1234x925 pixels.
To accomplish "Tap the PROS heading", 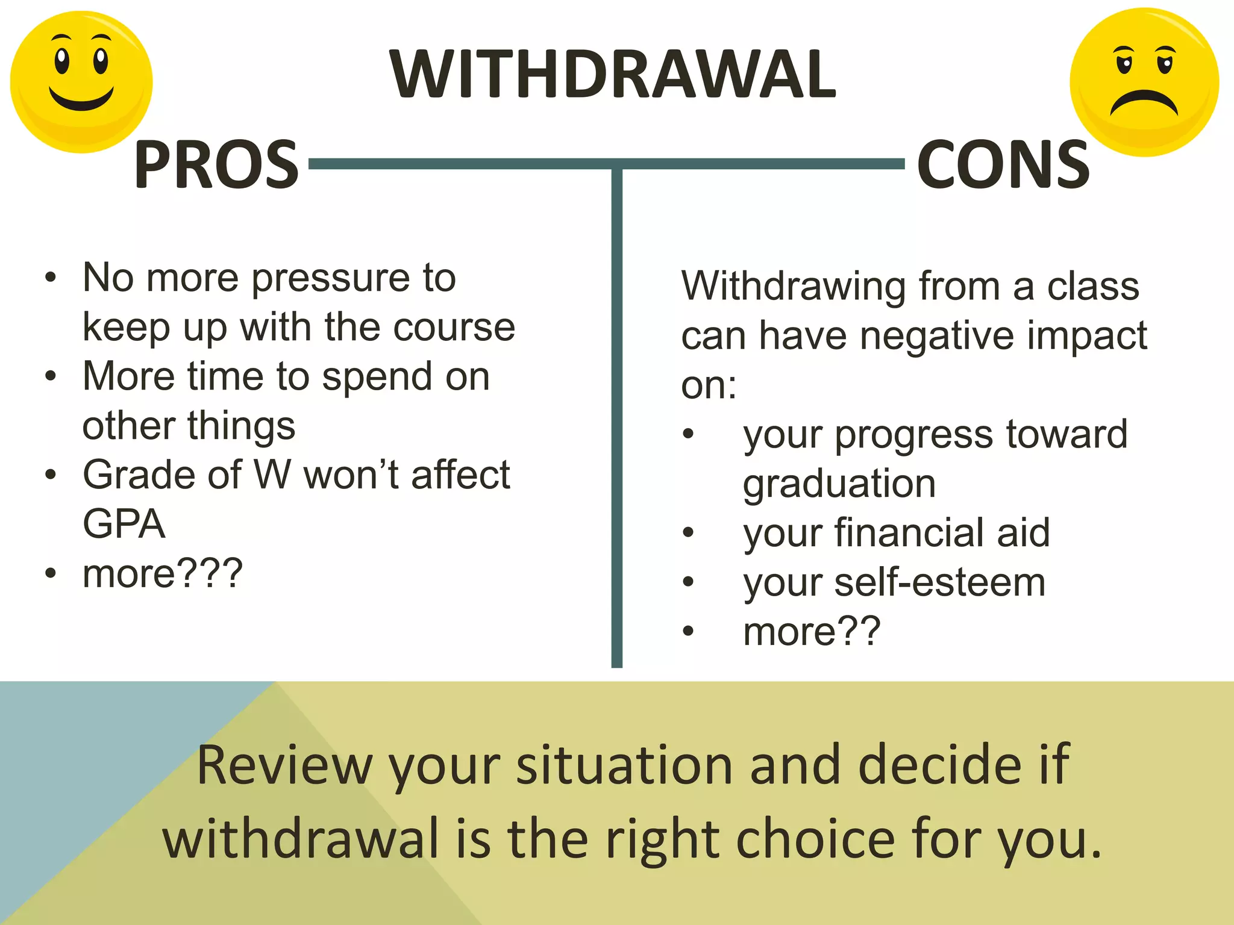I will coord(216,164).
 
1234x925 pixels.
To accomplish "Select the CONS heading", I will coord(1003,164).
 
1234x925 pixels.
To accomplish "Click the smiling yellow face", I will coord(81,82).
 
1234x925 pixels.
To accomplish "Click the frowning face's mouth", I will coord(1144,102).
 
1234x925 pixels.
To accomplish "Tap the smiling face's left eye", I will coord(61,60).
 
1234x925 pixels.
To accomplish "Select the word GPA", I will coord(124,524).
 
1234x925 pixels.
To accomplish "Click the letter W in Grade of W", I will coord(273,475).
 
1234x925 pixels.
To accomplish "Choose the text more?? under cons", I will coord(812,632).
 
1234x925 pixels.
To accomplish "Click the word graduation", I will coord(839,484).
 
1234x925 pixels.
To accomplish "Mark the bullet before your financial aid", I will coord(688,532).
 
